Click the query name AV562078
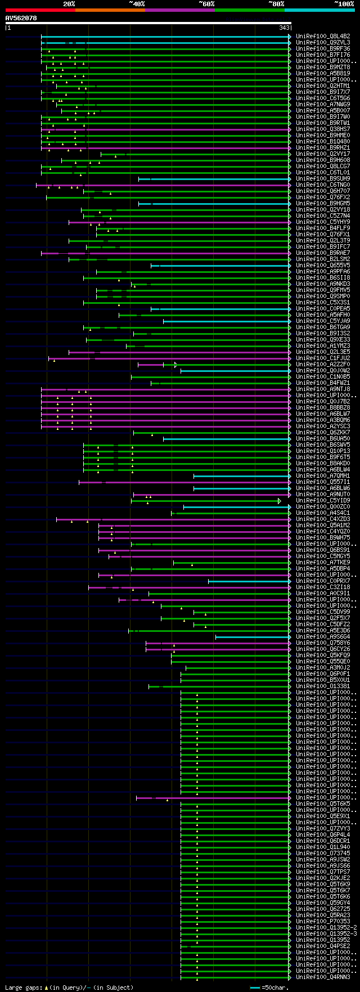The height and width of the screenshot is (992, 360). pos(21,18)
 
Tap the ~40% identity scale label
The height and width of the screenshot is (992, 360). pos(137,4)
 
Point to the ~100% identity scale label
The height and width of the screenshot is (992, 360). pos(344,4)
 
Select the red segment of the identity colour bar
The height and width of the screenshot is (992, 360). pos(40,10)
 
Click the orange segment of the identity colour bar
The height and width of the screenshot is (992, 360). pos(110,10)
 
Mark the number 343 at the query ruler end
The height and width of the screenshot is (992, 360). pos(284,28)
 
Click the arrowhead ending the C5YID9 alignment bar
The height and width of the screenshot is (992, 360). pos(280,501)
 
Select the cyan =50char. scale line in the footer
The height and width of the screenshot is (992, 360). pos(255,987)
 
